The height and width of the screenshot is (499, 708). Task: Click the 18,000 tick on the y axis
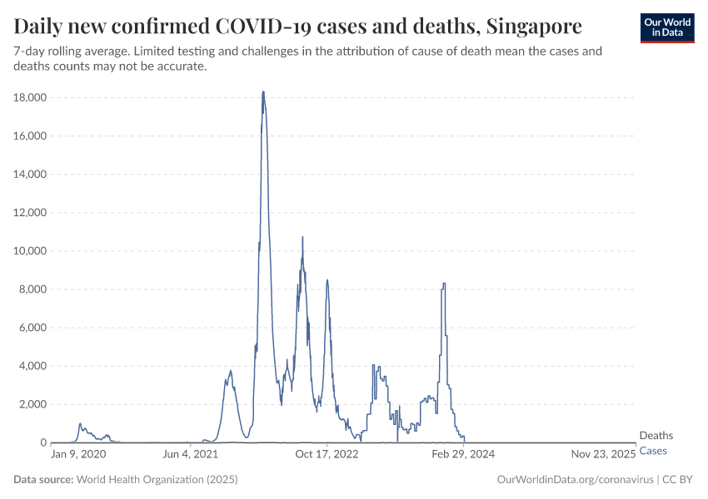click(x=29, y=98)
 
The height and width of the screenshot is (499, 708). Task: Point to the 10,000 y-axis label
click(x=29, y=251)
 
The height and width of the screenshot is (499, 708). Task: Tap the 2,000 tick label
click(x=32, y=404)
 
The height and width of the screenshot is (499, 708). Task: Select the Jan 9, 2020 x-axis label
click(x=78, y=454)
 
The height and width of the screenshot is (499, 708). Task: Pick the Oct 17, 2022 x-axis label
click(x=327, y=454)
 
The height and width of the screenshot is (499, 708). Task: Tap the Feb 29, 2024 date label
click(x=463, y=454)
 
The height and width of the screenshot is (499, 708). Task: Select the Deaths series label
click(x=656, y=436)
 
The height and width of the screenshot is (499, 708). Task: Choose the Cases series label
click(x=653, y=450)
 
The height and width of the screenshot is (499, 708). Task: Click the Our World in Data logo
click(x=667, y=27)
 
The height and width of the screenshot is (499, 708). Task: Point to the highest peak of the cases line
click(x=263, y=92)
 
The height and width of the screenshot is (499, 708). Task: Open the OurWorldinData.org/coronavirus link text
click(x=574, y=480)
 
